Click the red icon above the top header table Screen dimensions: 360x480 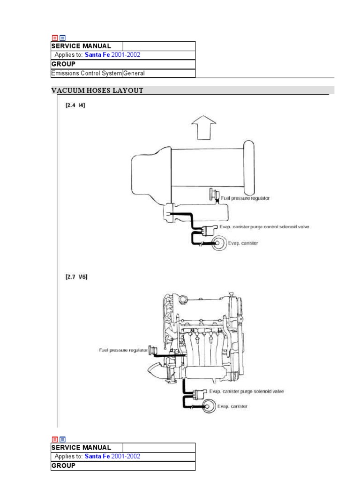[x=55, y=38]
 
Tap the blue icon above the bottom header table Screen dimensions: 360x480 [x=62, y=439]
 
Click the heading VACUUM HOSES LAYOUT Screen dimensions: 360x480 [x=97, y=90]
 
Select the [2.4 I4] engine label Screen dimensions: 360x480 [x=75, y=105]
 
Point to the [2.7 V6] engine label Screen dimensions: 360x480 [x=76, y=277]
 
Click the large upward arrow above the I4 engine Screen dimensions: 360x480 [x=203, y=127]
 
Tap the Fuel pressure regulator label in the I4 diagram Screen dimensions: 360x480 [x=245, y=198]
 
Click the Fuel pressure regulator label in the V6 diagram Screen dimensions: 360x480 [x=123, y=350]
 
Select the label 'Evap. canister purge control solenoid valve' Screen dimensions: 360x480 [x=264, y=227]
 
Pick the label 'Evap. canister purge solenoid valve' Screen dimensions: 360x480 [x=247, y=391]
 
